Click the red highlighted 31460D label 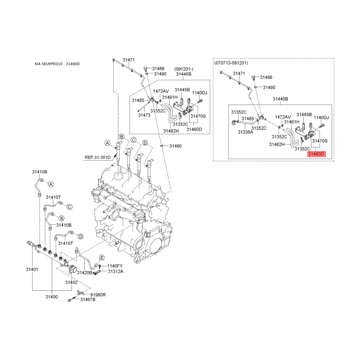pos(316,154)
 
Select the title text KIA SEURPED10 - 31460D pos(57,64)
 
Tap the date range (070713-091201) pos(231,63)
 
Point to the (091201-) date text pos(184,69)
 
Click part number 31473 pos(144,115)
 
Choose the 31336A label pos(245,132)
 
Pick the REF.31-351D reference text pos(98,157)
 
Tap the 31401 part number pos(32,269)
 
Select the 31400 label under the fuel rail pos(52,297)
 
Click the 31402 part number pos(71,283)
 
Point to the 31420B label pos(85,273)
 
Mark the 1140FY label pos(115,266)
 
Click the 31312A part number pos(116,272)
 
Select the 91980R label pos(98,295)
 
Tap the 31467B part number pos(88,300)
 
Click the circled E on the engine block pos(148,235)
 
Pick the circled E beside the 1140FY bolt pos(102,257)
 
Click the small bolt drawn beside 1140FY pos(100,266)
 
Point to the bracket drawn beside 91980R pos(80,292)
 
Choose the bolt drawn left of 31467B pos(72,299)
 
